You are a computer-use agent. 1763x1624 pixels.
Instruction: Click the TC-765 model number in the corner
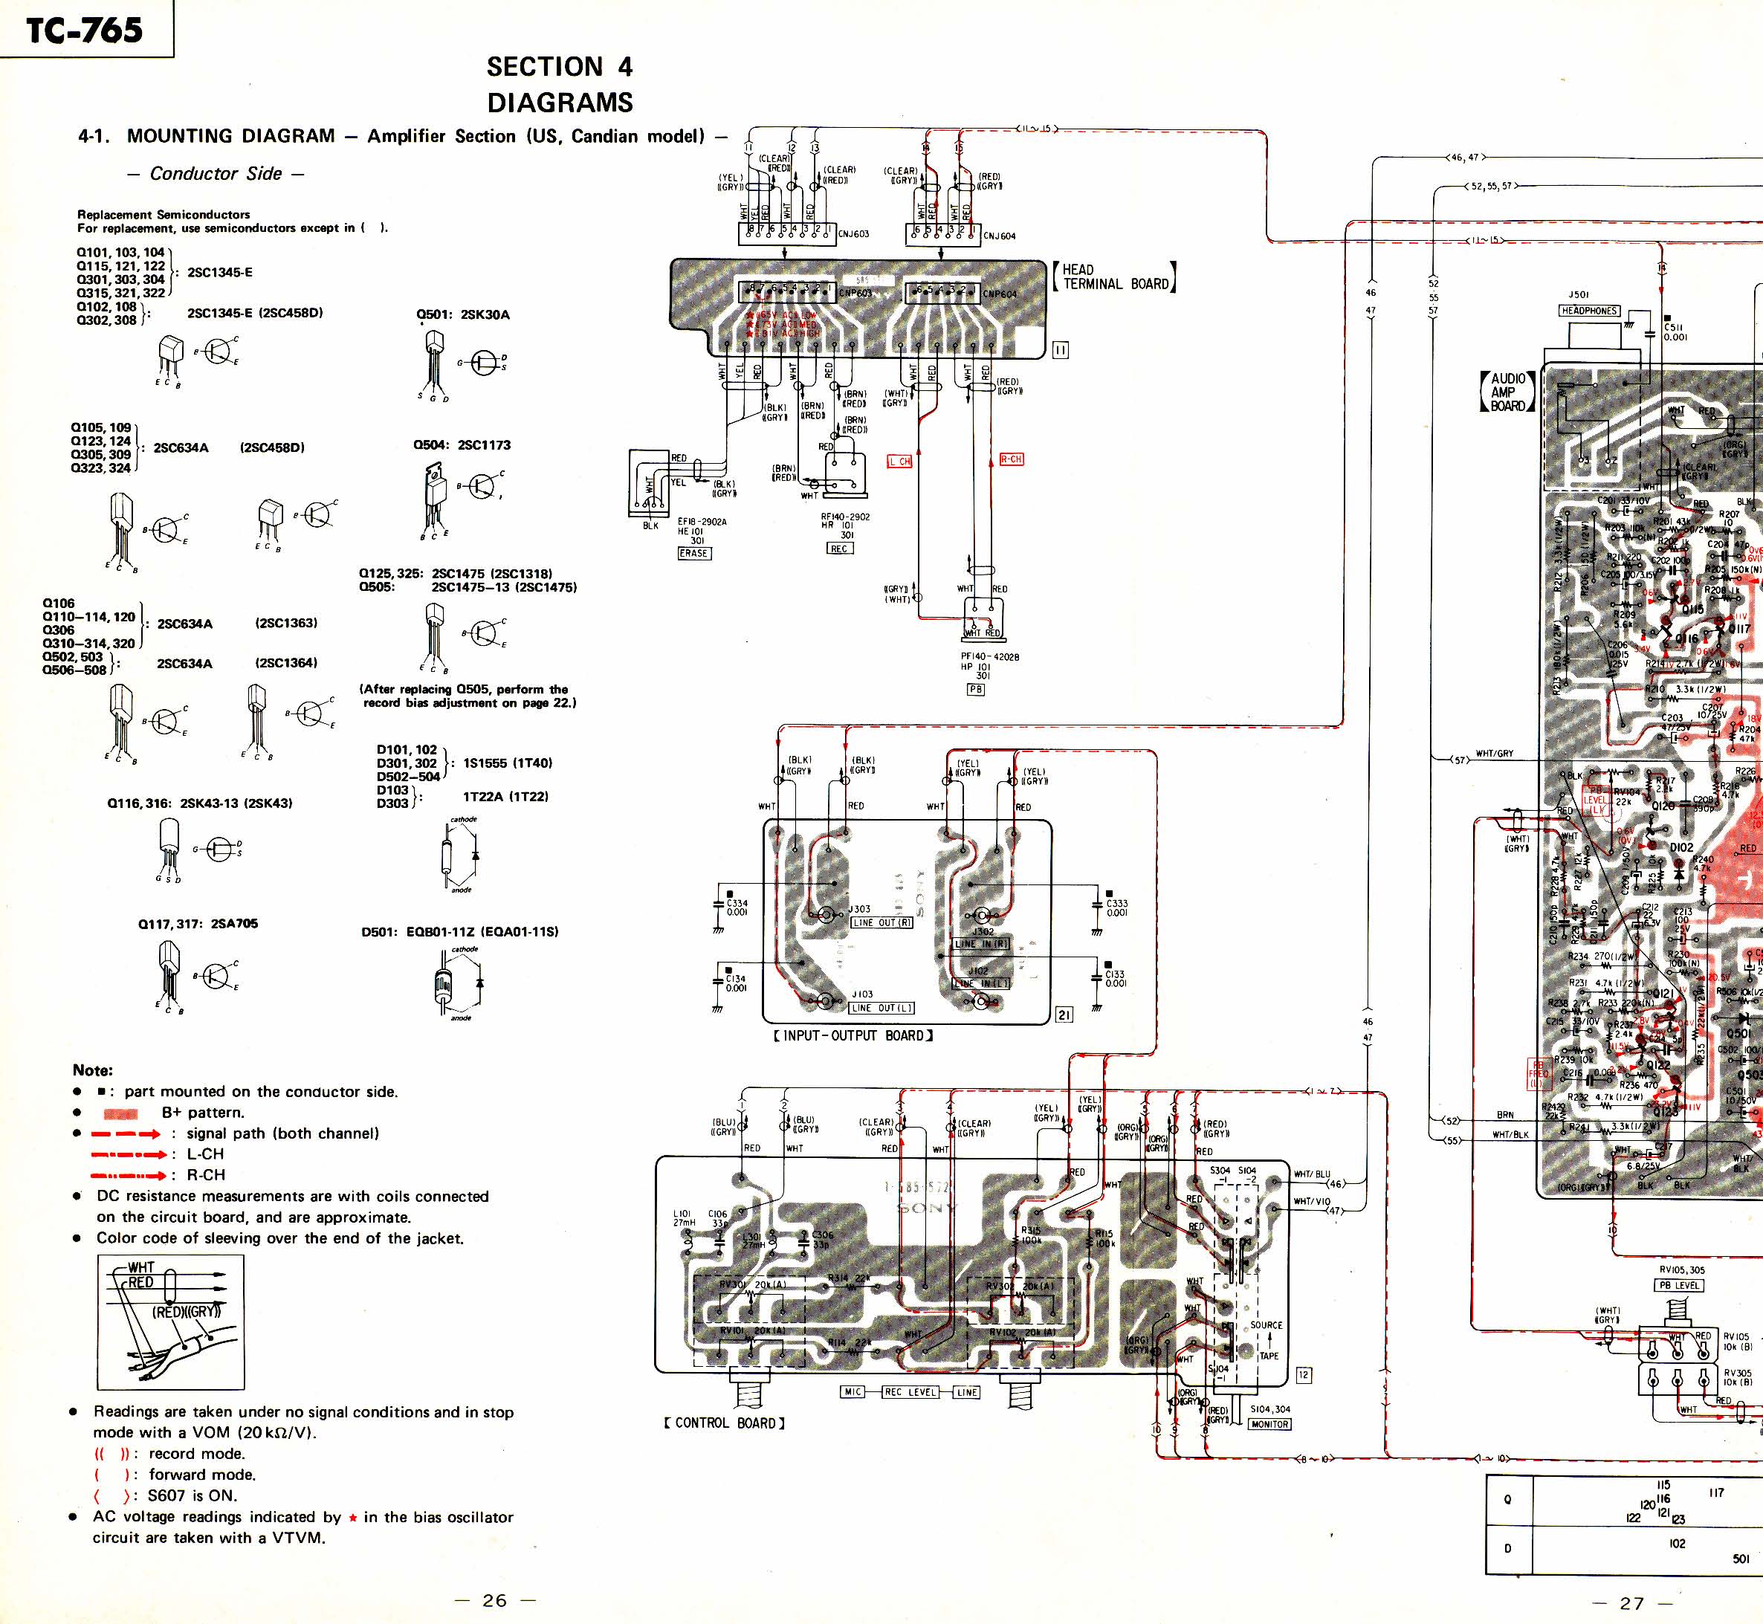click(x=85, y=30)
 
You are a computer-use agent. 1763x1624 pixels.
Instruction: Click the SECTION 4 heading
click(x=559, y=67)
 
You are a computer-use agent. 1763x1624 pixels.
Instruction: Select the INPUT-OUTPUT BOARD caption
click(x=853, y=1036)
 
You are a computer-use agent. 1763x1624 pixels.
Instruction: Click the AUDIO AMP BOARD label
click(x=1508, y=392)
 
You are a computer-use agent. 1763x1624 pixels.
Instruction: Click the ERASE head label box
click(x=693, y=553)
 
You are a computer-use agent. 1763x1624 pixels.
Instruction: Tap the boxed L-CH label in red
click(x=899, y=462)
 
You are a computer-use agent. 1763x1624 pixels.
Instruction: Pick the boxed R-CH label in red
click(x=1011, y=459)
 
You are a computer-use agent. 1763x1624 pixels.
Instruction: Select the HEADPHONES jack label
click(x=1589, y=310)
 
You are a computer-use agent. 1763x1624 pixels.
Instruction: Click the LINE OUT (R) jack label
click(x=881, y=922)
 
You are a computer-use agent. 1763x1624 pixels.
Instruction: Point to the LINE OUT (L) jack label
click(x=881, y=1008)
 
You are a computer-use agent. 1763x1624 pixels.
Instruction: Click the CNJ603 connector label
click(x=853, y=235)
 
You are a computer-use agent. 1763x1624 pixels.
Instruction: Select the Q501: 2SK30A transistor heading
click(x=462, y=314)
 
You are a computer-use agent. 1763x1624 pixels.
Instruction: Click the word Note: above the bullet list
click(x=92, y=1070)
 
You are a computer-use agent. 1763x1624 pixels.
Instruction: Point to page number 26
click(x=494, y=1600)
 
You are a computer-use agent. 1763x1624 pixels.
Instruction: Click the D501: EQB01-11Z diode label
click(x=459, y=931)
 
